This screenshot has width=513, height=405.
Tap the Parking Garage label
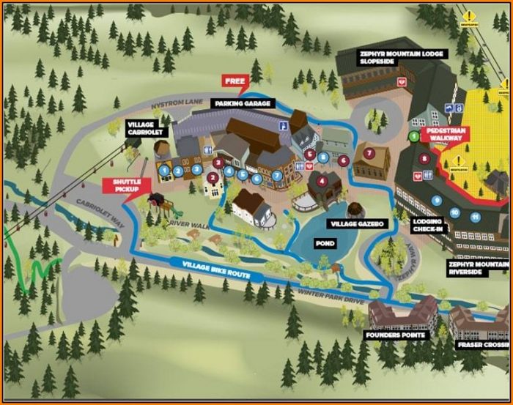point(244,104)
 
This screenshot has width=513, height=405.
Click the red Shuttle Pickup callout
point(126,186)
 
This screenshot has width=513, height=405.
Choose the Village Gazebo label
point(358,223)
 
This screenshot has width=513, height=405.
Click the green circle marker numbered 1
point(414,135)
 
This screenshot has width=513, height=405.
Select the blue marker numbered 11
point(476,217)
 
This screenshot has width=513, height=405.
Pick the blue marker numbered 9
point(437,200)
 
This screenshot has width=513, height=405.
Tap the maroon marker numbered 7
point(370,153)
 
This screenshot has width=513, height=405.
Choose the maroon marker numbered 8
point(424,157)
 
